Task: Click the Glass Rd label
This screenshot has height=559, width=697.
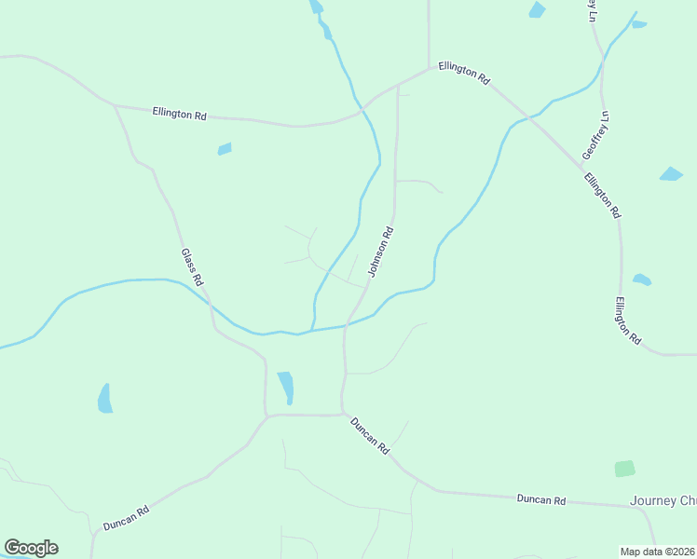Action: coord(192,266)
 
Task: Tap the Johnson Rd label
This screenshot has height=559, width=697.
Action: coord(382,252)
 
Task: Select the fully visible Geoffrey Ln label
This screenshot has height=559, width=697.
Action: coord(594,135)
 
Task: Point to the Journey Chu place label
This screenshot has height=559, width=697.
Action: coord(663,500)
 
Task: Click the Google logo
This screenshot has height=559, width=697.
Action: coord(31,548)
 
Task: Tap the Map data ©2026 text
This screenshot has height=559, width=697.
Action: coord(658,552)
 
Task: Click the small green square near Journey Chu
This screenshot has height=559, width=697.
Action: coord(624,469)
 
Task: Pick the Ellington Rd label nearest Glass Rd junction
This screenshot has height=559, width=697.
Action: coord(179,114)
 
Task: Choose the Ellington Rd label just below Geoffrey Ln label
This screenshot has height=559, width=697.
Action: coord(603,195)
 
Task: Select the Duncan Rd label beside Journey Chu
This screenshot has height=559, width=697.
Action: coord(541,500)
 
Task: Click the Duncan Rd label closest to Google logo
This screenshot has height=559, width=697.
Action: coord(126,518)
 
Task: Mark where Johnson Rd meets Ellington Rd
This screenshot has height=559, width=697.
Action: coord(398,85)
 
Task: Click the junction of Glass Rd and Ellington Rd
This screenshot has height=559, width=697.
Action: coord(115,105)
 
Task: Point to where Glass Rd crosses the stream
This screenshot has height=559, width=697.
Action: coord(206,303)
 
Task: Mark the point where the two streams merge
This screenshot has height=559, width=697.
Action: coord(312,330)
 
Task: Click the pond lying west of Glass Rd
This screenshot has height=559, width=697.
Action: coord(105,398)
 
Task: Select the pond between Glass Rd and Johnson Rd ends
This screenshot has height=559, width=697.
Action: coord(286,387)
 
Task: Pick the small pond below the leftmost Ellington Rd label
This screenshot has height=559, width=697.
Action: coord(225,148)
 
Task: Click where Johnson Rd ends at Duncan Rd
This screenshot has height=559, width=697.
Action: coord(342,414)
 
